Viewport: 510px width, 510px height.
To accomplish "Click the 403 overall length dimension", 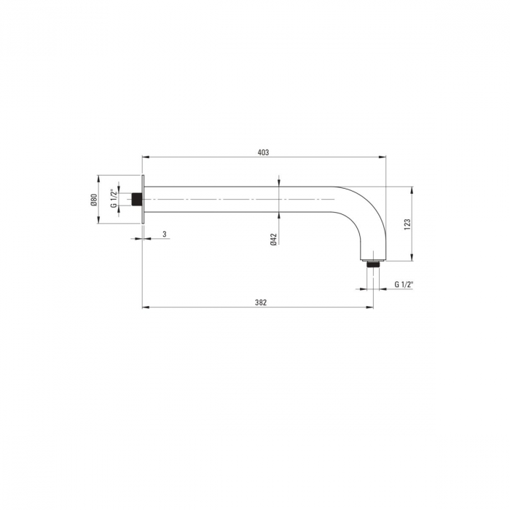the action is pyautogui.click(x=264, y=152).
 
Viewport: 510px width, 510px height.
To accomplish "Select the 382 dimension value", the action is pyautogui.click(x=261, y=302).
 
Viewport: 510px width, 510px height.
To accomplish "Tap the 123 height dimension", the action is pyautogui.click(x=407, y=224).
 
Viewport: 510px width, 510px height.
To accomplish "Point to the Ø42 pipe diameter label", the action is pyautogui.click(x=273, y=239).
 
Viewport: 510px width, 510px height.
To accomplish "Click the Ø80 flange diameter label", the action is pyautogui.click(x=94, y=200).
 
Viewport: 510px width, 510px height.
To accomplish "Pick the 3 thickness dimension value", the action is pyautogui.click(x=165, y=234).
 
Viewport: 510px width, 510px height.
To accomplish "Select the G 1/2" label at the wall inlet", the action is pyautogui.click(x=114, y=198).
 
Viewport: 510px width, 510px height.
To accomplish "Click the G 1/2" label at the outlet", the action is pyautogui.click(x=404, y=284).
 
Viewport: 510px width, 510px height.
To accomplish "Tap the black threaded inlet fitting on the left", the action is pyautogui.click(x=137, y=200).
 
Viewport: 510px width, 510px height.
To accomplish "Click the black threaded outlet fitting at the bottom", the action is pyautogui.click(x=373, y=264).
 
